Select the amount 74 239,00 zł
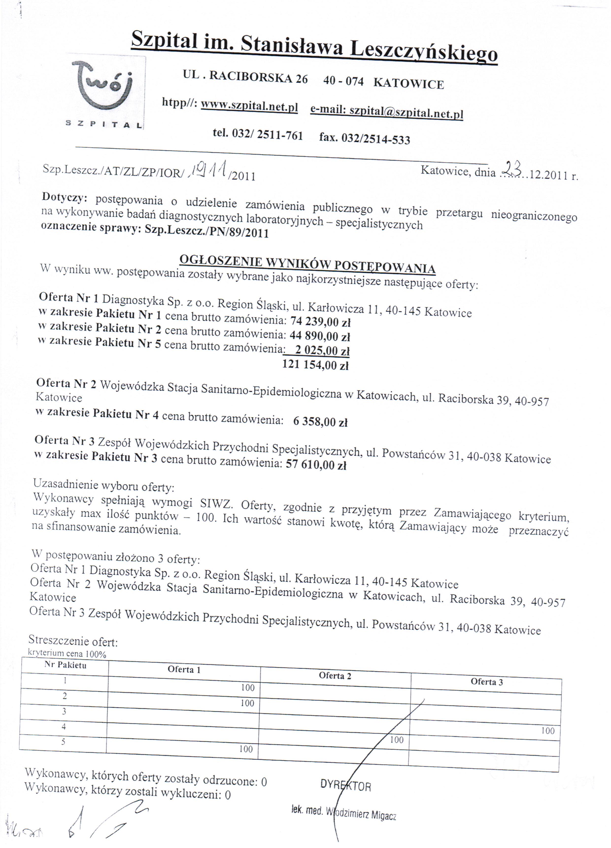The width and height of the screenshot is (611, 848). point(320,321)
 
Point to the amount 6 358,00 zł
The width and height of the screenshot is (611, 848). point(320,422)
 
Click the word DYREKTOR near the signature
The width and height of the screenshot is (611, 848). point(345,786)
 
